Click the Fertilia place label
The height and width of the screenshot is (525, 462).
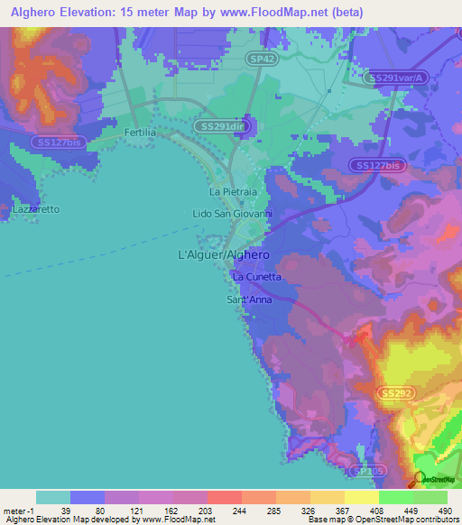pyautogui.click(x=140, y=132)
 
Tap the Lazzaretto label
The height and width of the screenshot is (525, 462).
pyautogui.click(x=36, y=209)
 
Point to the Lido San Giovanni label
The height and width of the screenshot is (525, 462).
pyautogui.click(x=233, y=214)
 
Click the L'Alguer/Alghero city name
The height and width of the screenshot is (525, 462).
pyautogui.click(x=219, y=255)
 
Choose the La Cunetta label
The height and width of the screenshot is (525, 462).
pyautogui.click(x=257, y=276)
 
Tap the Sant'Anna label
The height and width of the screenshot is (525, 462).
pyautogui.click(x=249, y=299)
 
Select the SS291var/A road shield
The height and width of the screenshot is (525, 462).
pyautogui.click(x=402, y=78)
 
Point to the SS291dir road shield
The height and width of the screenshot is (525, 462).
pyautogui.click(x=221, y=126)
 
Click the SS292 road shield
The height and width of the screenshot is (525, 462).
pyautogui.click(x=397, y=394)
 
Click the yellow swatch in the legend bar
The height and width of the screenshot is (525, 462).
pyautogui.click(x=361, y=497)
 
